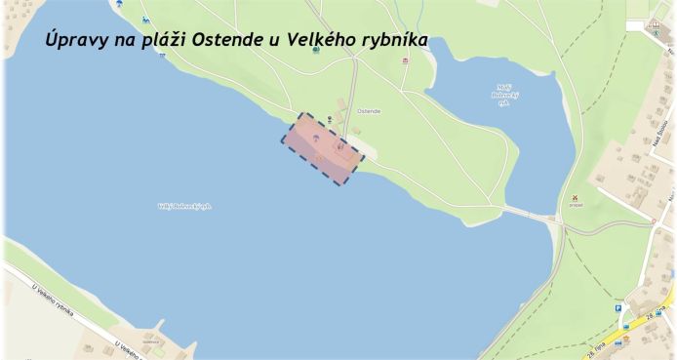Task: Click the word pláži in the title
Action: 163,43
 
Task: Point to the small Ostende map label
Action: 370,112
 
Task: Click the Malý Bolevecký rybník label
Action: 503,96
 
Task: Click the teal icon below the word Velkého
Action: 316,49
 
